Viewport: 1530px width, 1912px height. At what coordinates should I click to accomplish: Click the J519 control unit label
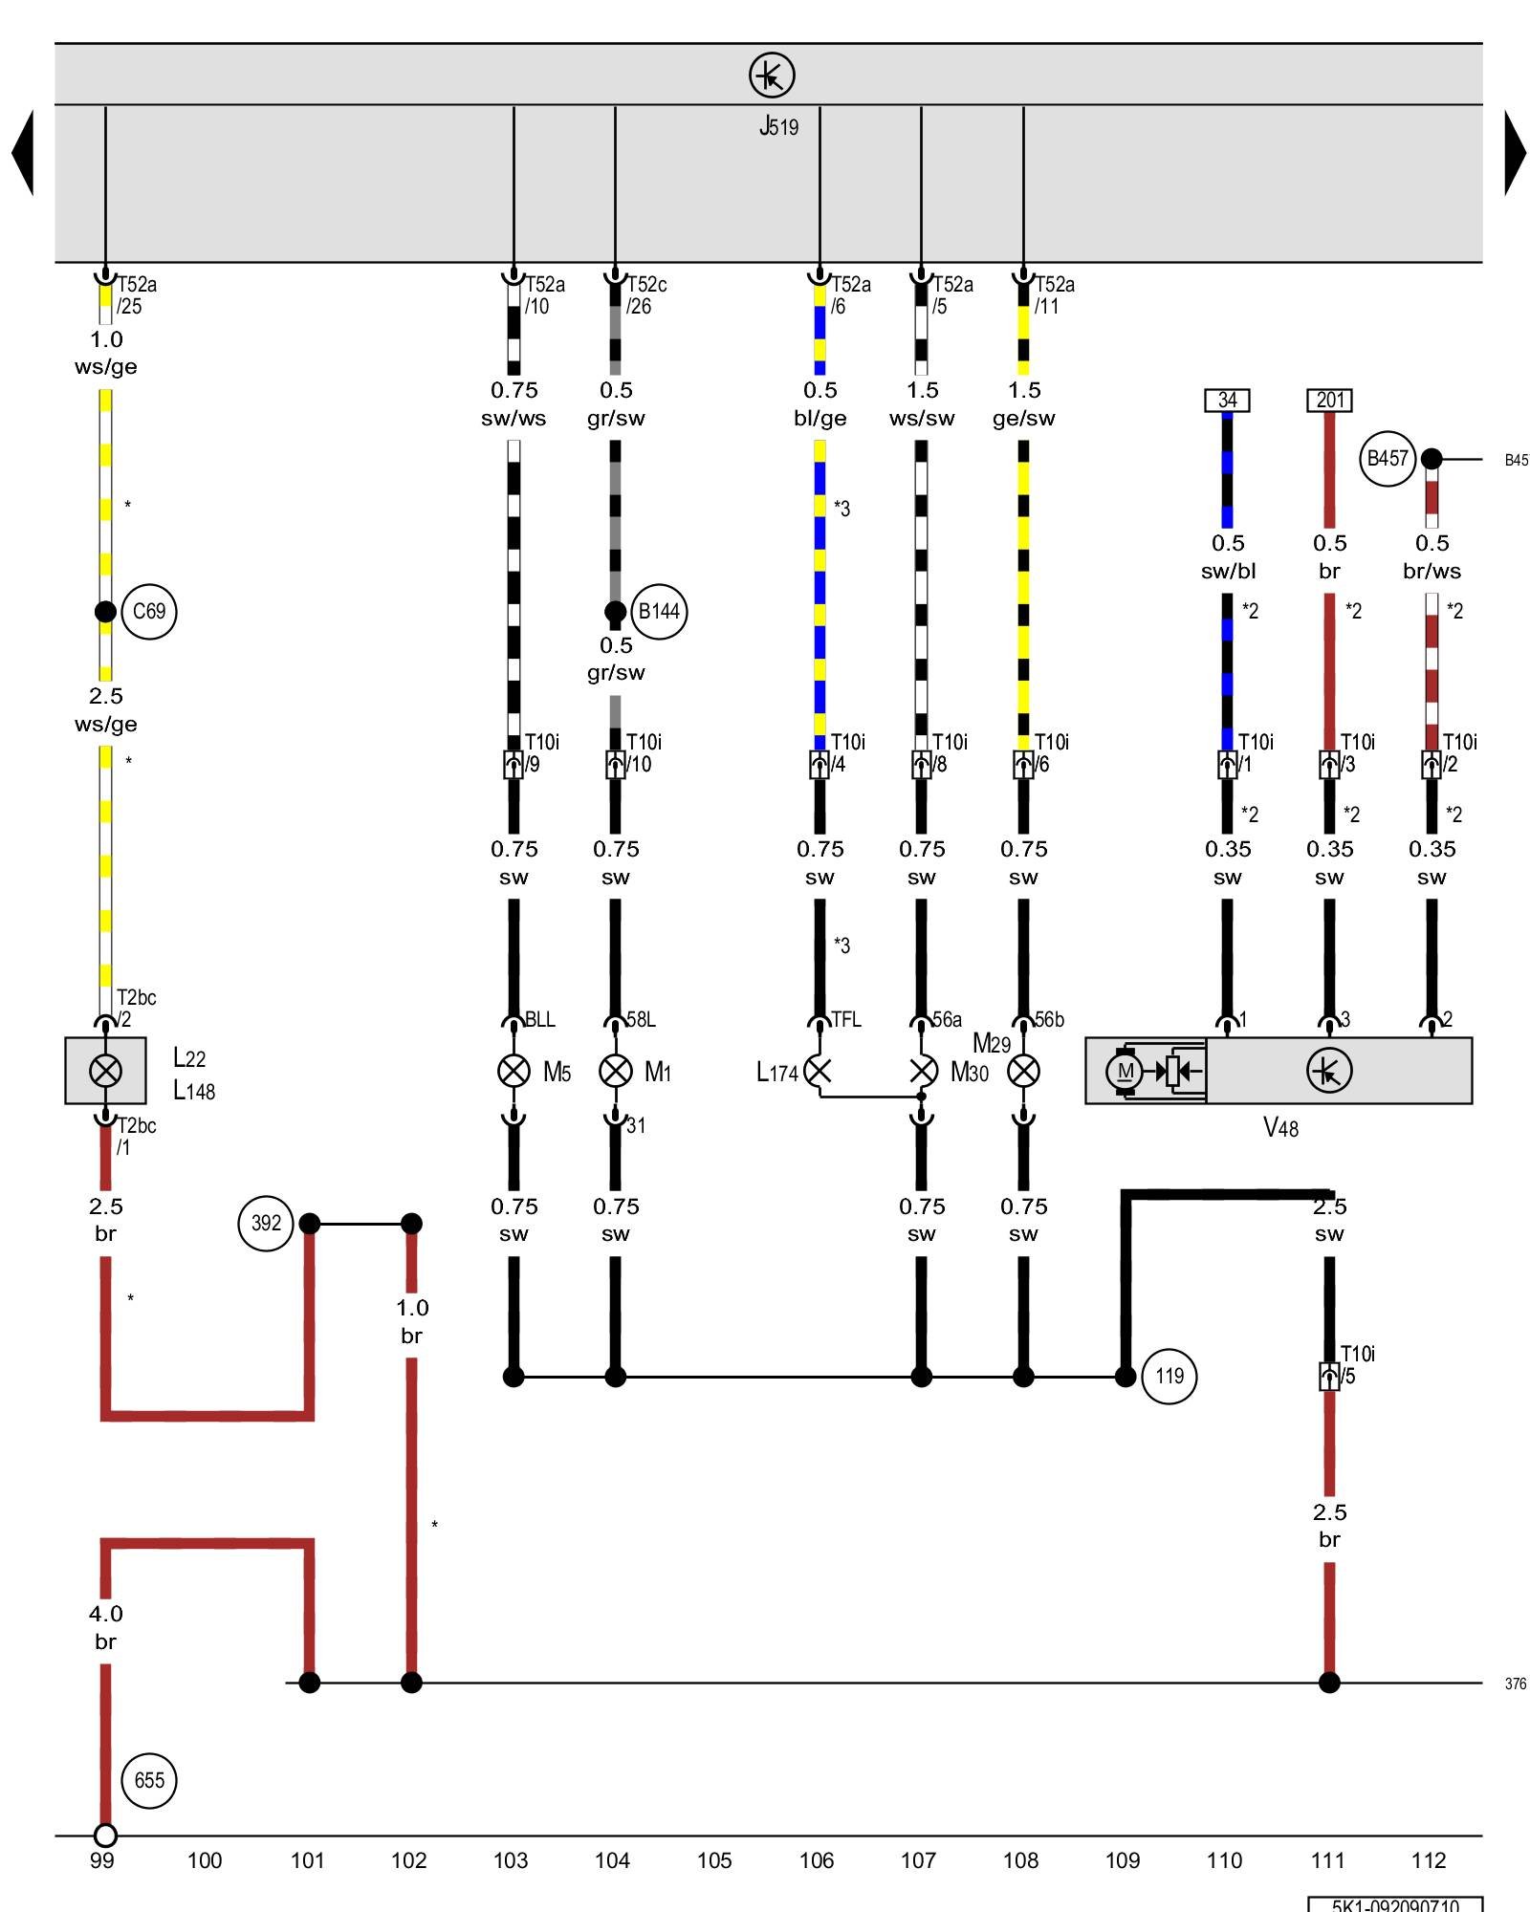point(778,126)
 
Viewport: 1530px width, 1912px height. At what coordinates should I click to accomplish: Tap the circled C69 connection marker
point(149,611)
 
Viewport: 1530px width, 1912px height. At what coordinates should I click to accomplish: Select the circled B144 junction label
point(659,611)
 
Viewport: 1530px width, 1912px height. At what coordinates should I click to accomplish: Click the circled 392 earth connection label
point(266,1223)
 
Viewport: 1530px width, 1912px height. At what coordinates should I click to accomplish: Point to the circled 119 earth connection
point(1169,1376)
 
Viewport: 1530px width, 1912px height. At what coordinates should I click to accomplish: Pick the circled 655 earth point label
point(149,1780)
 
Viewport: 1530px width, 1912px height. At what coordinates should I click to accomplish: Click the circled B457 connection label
point(1387,459)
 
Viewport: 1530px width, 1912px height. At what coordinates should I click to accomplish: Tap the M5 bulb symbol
point(514,1071)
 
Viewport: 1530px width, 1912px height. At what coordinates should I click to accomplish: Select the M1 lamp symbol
point(615,1071)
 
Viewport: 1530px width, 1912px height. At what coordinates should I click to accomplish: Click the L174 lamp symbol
point(819,1071)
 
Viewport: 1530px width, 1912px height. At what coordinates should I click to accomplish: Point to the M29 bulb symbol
point(1023,1071)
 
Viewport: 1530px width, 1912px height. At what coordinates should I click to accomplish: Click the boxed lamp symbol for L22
point(105,1071)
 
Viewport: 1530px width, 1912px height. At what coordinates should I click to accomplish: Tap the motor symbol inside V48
point(1126,1071)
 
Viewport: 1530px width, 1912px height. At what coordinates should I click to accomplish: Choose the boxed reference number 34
point(1227,400)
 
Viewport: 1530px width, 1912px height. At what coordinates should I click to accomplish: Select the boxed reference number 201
point(1329,400)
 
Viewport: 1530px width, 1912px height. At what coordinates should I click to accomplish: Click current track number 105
point(714,1860)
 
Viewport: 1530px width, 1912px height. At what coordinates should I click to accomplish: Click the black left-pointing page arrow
point(23,153)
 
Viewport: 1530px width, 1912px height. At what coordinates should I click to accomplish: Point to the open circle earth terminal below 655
point(105,1836)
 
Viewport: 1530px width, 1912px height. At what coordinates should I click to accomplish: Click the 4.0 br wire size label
point(105,1627)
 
